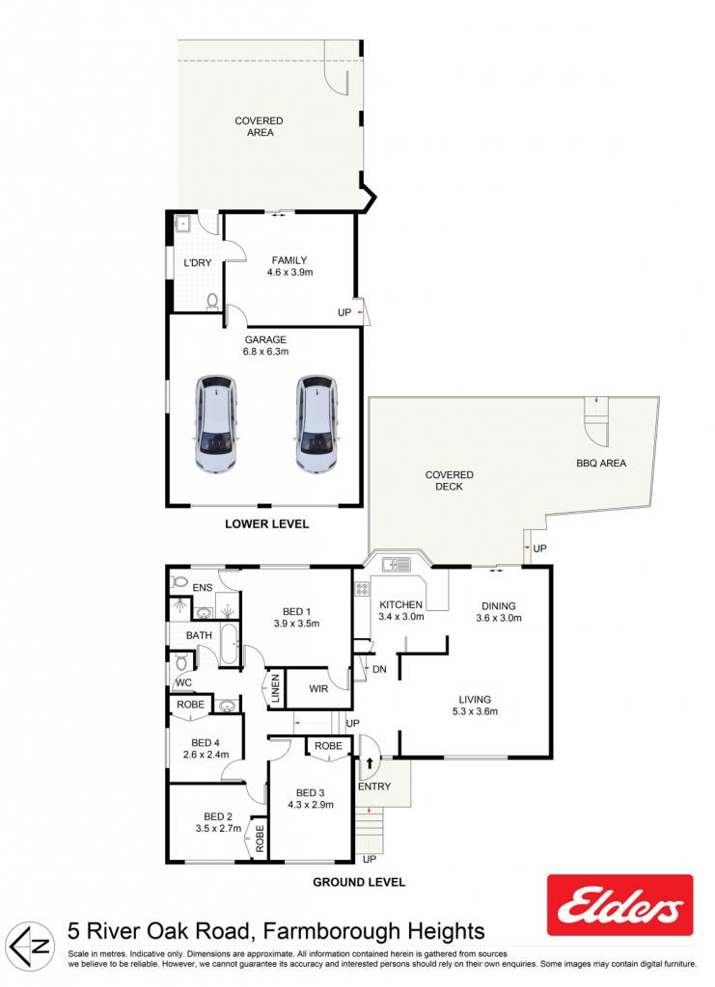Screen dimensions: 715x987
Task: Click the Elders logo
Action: point(619,905)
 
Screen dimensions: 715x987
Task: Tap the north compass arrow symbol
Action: point(33,947)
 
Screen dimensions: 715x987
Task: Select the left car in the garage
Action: point(215,424)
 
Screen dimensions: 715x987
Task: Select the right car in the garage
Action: point(317,424)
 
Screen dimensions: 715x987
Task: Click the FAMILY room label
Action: point(289,260)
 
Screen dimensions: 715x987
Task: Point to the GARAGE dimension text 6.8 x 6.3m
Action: point(266,352)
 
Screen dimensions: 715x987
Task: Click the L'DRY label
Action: point(197,262)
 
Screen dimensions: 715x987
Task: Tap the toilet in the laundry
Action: point(212,302)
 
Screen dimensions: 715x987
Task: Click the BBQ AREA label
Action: point(601,464)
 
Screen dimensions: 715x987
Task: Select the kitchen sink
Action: point(396,564)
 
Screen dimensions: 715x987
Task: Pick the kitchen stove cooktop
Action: point(362,589)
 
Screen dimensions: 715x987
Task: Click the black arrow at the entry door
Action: point(370,763)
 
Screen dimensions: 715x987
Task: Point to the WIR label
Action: point(318,688)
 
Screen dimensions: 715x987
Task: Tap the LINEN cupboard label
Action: point(275,689)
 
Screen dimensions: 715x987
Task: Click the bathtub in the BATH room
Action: point(230,645)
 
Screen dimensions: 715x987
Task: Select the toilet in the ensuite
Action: point(179,581)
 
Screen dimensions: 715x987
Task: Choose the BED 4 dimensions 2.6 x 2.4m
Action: point(206,755)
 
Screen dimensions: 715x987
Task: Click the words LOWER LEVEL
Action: point(267,523)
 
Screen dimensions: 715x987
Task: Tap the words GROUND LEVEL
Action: point(359,883)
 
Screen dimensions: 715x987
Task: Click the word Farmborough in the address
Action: point(331,931)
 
